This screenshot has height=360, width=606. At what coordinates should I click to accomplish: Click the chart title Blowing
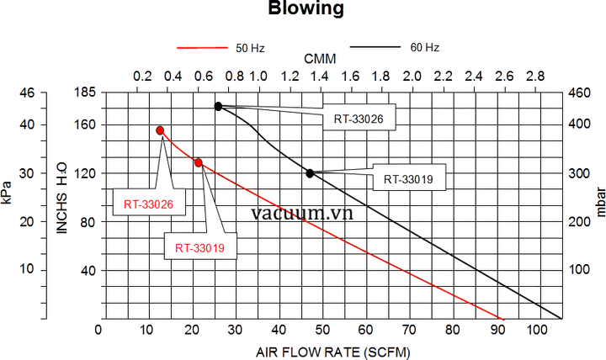306,10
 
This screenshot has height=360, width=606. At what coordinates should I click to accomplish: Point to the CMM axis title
319,60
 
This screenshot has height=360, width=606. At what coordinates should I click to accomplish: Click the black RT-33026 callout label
358,119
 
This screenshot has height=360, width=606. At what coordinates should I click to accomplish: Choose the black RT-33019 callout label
408,178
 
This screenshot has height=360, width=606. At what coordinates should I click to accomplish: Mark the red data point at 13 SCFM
160,130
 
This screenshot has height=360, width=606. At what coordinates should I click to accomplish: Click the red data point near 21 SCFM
199,162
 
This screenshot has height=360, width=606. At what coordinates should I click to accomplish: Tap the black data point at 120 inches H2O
310,173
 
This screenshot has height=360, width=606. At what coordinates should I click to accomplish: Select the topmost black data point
218,106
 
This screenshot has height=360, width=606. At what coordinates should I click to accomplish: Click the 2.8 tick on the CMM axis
534,77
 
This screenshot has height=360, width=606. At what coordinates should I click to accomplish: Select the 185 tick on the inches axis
86,93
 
